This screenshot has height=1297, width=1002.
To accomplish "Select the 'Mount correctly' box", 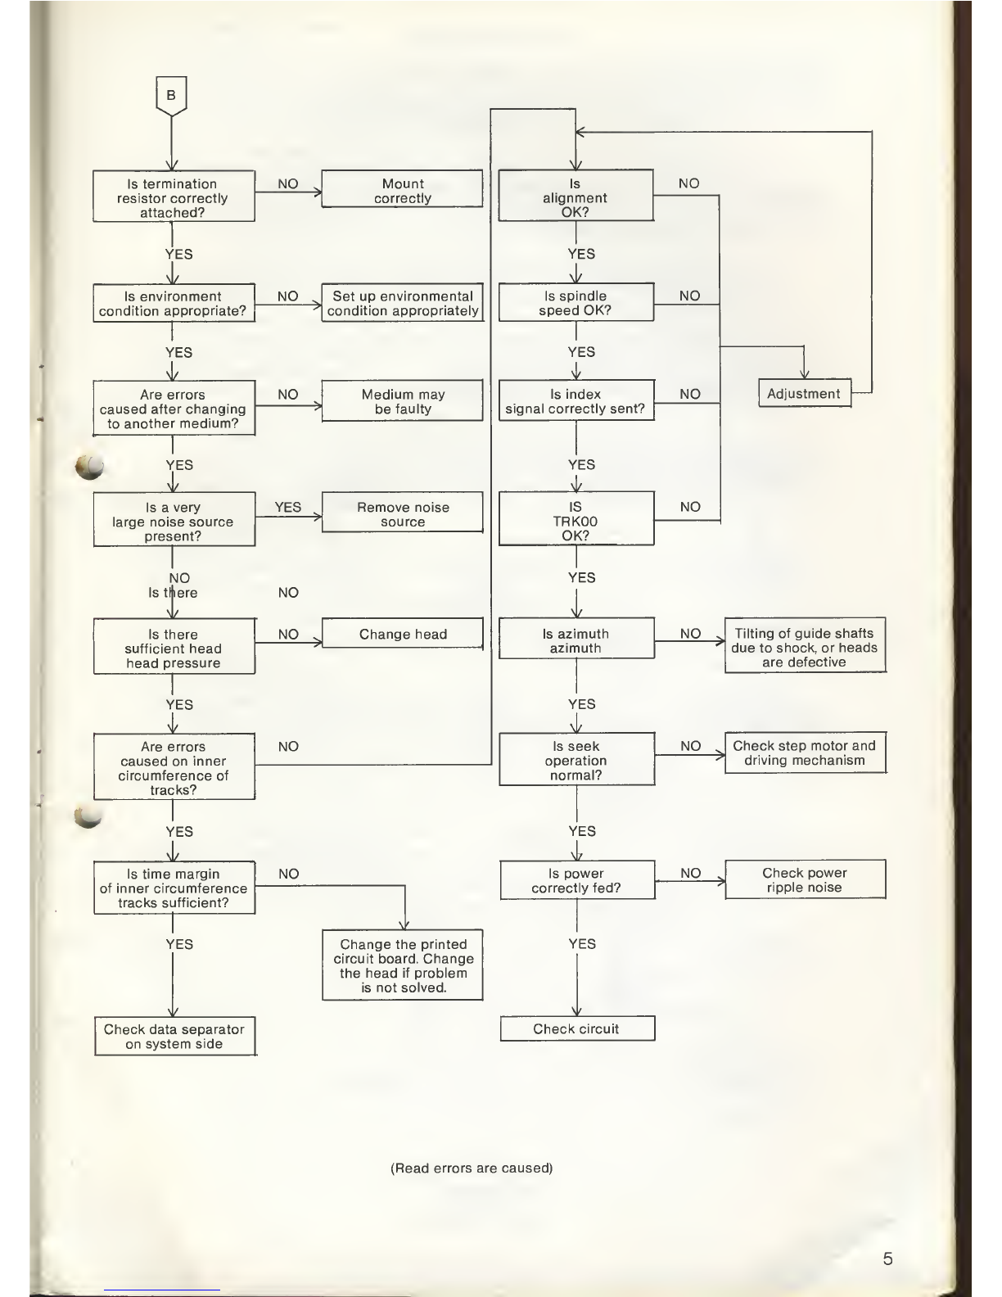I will point(402,190).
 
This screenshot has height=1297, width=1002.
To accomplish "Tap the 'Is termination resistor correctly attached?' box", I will point(173,197).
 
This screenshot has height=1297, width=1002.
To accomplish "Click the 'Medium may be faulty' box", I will point(403,401).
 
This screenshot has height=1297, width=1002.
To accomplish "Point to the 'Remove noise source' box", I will point(403,514).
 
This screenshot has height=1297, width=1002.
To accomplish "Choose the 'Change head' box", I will point(403,634).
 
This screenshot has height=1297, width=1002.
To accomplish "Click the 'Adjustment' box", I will point(804,393).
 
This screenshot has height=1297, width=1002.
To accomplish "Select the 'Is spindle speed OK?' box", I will point(575,303).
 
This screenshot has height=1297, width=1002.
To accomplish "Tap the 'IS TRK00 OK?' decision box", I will point(575,521).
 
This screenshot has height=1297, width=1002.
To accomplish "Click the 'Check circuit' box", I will point(576,1028).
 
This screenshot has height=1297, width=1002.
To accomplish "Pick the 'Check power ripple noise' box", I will point(805,879).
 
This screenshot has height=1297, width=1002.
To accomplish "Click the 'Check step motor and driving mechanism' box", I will point(805,752).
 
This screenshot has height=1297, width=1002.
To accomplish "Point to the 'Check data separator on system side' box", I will point(174,1037).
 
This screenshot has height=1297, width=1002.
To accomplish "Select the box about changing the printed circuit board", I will point(403,965).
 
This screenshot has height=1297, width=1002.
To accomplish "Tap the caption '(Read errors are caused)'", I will point(472,1168).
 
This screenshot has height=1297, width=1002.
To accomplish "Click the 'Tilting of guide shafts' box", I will point(805,647).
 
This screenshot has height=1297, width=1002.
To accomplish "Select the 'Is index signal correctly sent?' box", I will point(575,401).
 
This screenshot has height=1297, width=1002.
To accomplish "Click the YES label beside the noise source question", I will point(288,507).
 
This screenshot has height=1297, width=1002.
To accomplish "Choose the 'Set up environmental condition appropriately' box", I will point(402,303).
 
